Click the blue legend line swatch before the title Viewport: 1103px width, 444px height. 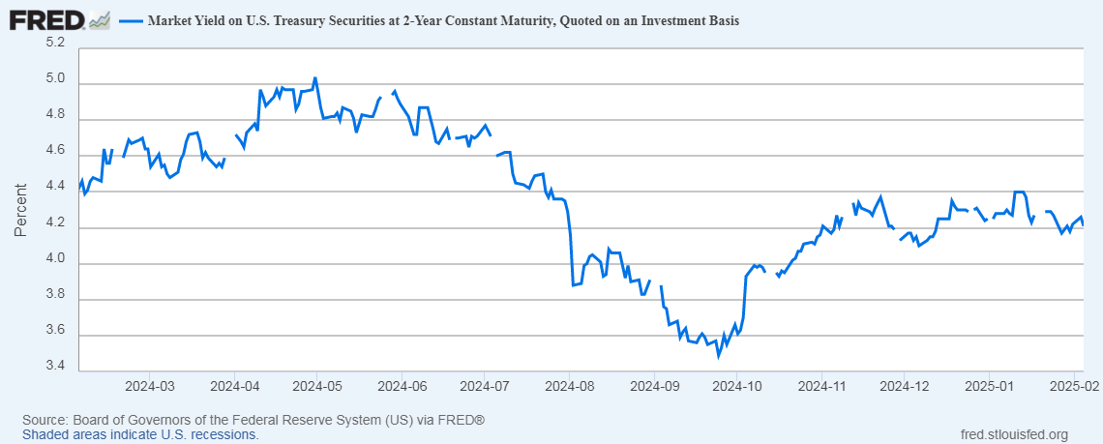(131, 20)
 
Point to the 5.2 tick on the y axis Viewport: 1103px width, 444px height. (56, 44)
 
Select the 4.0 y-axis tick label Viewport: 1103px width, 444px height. (56, 259)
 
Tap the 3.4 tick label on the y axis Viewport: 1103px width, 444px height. (56, 367)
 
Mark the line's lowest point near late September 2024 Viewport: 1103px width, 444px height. (718, 355)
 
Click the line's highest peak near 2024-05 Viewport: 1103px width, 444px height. (315, 77)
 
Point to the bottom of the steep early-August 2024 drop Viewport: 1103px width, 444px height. (574, 285)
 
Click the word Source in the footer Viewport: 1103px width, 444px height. (45, 421)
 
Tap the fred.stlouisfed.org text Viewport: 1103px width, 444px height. (1014, 434)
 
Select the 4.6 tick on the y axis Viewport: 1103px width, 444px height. (56, 152)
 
